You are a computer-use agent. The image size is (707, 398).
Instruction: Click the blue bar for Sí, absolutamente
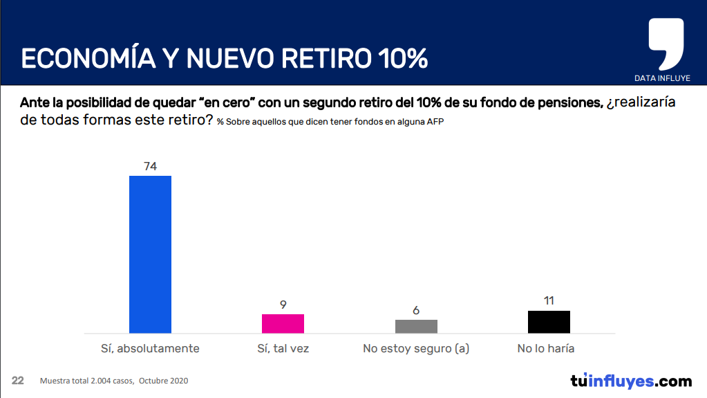151,254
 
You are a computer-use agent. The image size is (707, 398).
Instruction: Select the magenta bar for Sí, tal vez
283,323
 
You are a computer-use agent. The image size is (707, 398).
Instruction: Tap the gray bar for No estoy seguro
416,326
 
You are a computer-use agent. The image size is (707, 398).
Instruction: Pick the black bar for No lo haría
549,322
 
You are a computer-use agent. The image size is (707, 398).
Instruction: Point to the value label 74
151,166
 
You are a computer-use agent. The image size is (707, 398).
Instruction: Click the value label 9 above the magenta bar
283,304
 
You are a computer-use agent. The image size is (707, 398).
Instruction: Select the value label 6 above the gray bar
416,310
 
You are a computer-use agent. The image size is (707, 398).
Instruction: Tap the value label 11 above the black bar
549,300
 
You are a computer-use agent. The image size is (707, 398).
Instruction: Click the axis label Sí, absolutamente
150,348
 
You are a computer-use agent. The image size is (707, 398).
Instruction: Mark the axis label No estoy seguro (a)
416,348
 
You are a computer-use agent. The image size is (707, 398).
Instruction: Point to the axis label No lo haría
546,348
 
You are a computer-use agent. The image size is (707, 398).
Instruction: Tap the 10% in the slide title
402,59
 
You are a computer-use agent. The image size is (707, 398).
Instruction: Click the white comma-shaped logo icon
666,43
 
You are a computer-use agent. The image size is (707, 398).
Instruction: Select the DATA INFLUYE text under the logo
662,78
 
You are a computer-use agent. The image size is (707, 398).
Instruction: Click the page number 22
18,381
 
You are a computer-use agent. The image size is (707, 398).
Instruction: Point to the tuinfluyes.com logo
630,381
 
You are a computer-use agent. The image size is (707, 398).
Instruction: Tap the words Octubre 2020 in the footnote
164,381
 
